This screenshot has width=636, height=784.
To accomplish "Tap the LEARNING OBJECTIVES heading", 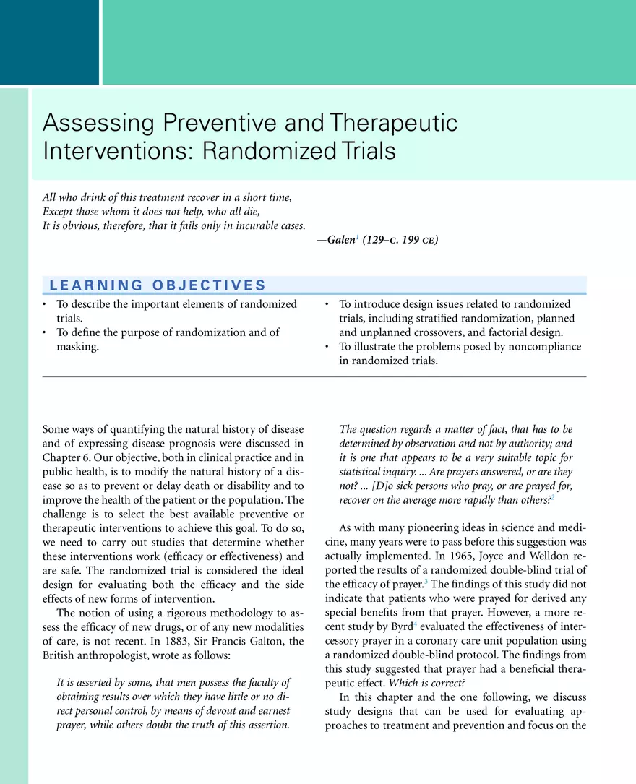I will pos(158,285).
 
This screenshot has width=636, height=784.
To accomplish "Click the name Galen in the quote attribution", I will pos(341,240).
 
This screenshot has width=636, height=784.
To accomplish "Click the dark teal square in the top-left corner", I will pos(49,42).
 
